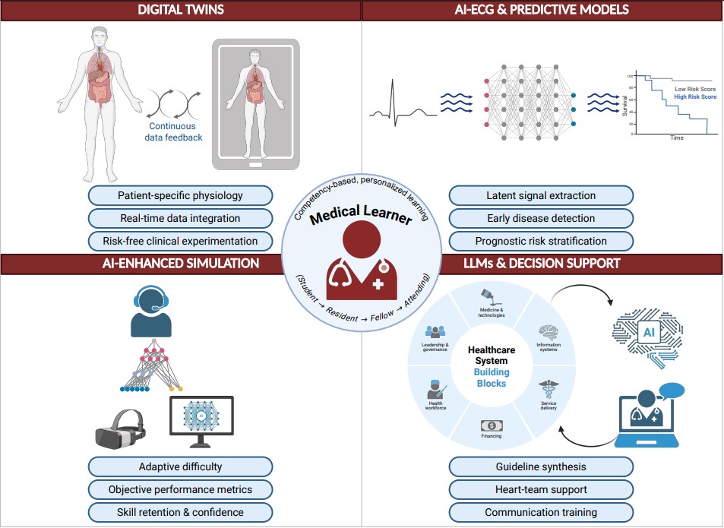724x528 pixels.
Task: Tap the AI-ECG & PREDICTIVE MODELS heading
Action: pos(541,10)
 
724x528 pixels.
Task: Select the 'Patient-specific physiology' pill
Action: pos(180,195)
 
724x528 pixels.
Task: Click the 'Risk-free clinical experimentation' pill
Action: pos(180,241)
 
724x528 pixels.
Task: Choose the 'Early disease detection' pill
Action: pos(541,218)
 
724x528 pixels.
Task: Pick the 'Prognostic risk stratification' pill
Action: pos(541,241)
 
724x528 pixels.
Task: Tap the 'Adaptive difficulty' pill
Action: pos(180,466)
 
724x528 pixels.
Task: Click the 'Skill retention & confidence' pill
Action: pos(180,512)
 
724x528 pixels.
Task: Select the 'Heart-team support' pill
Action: pos(541,489)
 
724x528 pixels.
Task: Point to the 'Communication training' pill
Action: pos(541,512)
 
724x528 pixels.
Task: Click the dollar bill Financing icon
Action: pos(491,426)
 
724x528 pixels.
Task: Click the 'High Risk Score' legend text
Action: pos(694,97)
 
